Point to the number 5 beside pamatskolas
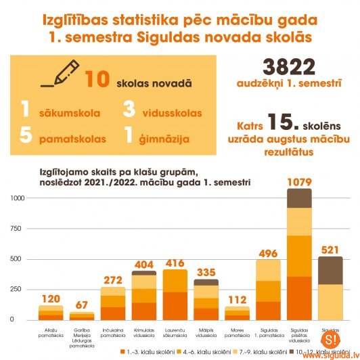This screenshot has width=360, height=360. (26, 135)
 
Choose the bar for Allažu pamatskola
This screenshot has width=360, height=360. (50, 313)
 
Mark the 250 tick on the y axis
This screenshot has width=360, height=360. (17, 288)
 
